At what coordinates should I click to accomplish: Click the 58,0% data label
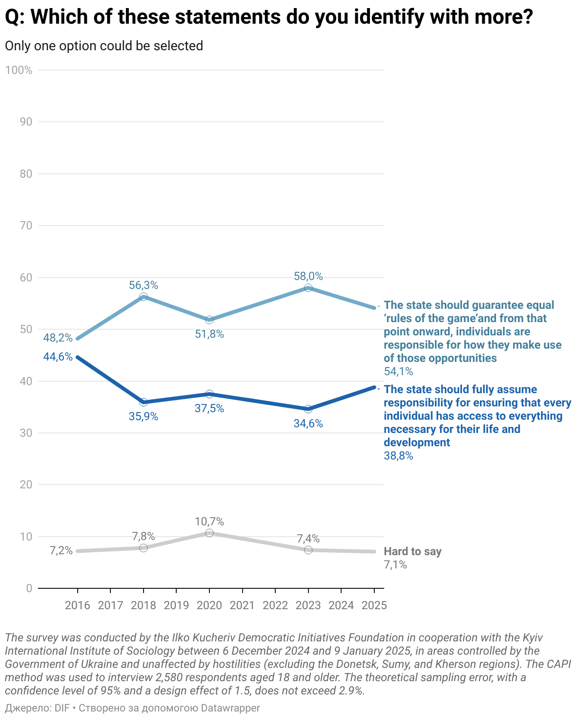(308, 276)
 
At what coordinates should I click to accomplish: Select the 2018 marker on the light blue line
(144, 297)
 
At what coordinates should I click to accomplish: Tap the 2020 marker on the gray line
(209, 533)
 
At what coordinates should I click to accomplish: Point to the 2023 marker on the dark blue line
(308, 409)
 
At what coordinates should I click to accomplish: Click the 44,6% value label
(58, 357)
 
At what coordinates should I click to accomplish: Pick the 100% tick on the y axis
(19, 71)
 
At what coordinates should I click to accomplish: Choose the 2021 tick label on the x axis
(242, 605)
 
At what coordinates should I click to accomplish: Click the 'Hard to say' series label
(412, 551)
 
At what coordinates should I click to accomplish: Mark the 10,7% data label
(209, 522)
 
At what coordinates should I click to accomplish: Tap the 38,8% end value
(398, 456)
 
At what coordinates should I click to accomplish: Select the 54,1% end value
(398, 371)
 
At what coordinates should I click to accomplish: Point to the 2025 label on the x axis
(374, 605)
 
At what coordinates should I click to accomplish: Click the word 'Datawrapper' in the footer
(230, 708)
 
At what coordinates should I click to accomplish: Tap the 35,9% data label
(144, 417)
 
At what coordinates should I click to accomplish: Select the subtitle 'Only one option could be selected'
(104, 46)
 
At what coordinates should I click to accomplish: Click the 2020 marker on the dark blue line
(209, 394)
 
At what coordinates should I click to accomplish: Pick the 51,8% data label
(209, 334)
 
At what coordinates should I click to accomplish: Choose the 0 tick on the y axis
(29, 588)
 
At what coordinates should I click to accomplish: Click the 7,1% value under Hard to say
(395, 565)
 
